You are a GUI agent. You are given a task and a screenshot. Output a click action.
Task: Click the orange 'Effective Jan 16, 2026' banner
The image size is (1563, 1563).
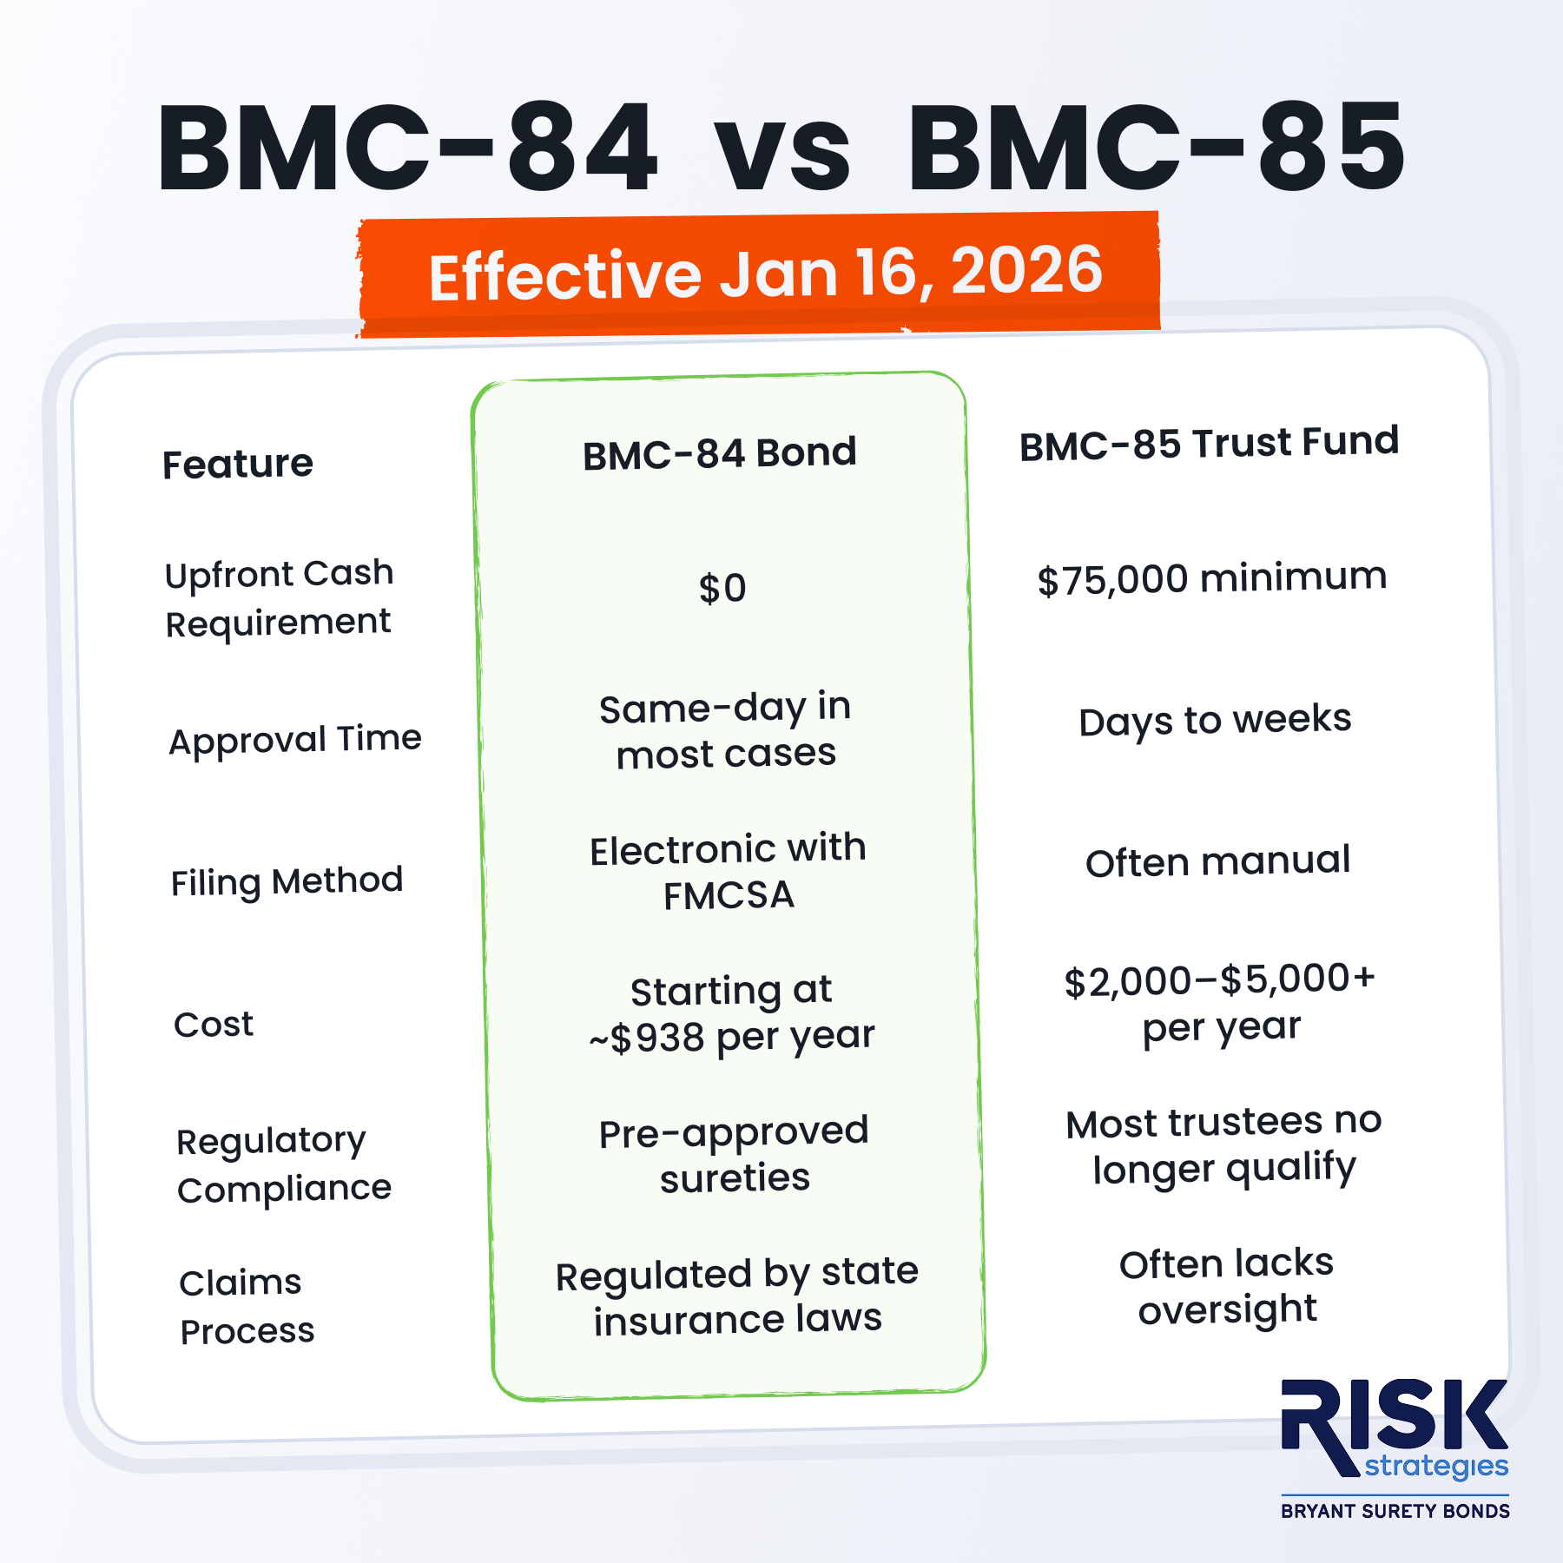click(759, 274)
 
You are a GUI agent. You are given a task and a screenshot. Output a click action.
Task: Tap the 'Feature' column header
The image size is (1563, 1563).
click(238, 464)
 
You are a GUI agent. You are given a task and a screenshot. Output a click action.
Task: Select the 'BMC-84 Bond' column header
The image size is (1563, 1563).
click(720, 453)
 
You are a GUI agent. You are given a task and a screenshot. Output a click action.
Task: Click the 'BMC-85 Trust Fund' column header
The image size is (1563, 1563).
click(1209, 444)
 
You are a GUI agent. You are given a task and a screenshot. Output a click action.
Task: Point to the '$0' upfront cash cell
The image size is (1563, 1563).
click(722, 588)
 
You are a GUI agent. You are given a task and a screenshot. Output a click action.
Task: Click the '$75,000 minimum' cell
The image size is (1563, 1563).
click(1212, 578)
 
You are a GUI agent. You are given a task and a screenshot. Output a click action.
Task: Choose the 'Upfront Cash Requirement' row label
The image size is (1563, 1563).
click(279, 598)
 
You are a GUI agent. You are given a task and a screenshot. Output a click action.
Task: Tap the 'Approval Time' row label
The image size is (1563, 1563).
click(295, 740)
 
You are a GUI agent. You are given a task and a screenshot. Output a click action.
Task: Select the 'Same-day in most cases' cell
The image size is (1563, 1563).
click(726, 731)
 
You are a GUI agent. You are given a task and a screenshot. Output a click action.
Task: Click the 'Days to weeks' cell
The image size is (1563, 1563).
click(1215, 721)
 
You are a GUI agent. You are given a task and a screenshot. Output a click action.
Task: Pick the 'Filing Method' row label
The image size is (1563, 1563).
click(287, 882)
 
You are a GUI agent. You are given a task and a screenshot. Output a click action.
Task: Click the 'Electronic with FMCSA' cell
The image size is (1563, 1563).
click(728, 872)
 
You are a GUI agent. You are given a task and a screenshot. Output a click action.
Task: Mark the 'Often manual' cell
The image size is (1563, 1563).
click(1217, 861)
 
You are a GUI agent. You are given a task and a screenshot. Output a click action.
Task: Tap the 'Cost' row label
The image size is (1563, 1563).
click(214, 1025)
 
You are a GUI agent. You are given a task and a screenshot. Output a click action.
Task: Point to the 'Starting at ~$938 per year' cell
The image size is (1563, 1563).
click(731, 1014)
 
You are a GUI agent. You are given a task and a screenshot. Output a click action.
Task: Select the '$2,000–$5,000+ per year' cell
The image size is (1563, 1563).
click(1220, 1004)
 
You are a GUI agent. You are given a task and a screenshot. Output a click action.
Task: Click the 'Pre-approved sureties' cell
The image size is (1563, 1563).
click(734, 1155)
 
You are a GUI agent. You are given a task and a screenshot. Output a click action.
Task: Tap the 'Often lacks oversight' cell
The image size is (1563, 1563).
click(1226, 1287)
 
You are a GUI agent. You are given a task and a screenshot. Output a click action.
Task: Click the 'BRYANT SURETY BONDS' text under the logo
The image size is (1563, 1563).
click(1395, 1511)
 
